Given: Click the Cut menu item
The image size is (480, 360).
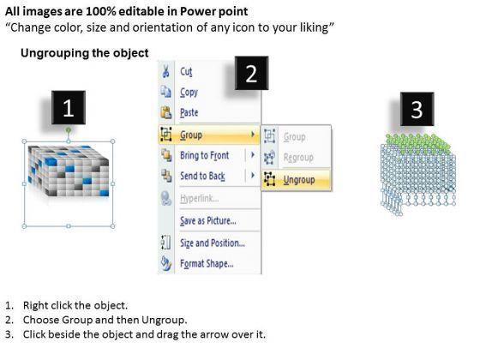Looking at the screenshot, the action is pos(186,72).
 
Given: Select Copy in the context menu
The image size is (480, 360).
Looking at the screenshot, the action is pos(189,93).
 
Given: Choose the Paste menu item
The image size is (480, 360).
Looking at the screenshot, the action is pos(189,112).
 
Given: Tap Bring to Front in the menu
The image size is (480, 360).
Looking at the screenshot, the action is pos(204,155).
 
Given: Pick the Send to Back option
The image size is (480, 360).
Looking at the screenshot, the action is pos(202,176).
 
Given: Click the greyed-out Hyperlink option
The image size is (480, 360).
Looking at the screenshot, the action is pos(199,199).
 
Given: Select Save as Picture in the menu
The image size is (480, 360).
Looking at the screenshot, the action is pos(207,221).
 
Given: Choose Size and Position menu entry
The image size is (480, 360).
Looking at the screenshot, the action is pos(213,243).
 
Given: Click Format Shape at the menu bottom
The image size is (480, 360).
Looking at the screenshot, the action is pos(207,264).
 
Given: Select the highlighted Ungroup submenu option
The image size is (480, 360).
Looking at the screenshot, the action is pos(299,180).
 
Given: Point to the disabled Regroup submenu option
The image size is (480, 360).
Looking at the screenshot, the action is pos(298,158).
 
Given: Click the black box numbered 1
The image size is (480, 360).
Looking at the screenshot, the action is pos(69,107).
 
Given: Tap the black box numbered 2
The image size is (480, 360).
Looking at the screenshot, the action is pos(252,73).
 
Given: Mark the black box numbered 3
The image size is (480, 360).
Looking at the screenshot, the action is pos(417,109).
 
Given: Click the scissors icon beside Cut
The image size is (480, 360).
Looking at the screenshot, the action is pos(165,72).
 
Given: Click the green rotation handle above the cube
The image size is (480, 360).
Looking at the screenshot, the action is pos(69,130).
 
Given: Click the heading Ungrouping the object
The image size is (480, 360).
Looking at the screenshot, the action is pos(85,53).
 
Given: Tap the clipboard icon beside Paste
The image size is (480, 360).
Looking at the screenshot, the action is pos(166,112).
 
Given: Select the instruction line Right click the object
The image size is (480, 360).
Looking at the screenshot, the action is pos(75,305).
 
